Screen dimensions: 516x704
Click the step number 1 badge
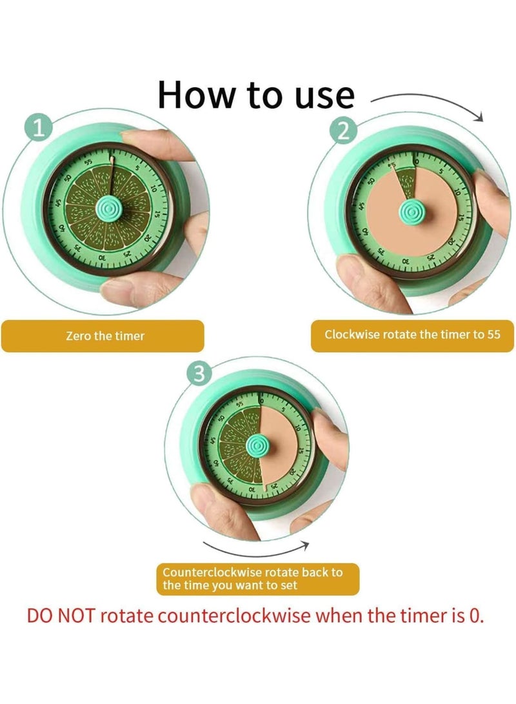pyautogui.click(x=39, y=128)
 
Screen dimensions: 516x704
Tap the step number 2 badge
pyautogui.click(x=342, y=132)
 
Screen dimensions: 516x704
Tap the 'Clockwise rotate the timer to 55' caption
pyautogui.click(x=412, y=335)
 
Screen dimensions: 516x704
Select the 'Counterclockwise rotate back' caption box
pyautogui.click(x=258, y=579)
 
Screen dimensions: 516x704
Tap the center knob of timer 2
pyautogui.click(x=411, y=211)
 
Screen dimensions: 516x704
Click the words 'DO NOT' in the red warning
pyautogui.click(x=61, y=616)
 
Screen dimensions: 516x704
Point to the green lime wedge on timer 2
pyautogui.click(x=406, y=181)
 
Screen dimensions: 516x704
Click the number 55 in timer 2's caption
pyautogui.click(x=493, y=334)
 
